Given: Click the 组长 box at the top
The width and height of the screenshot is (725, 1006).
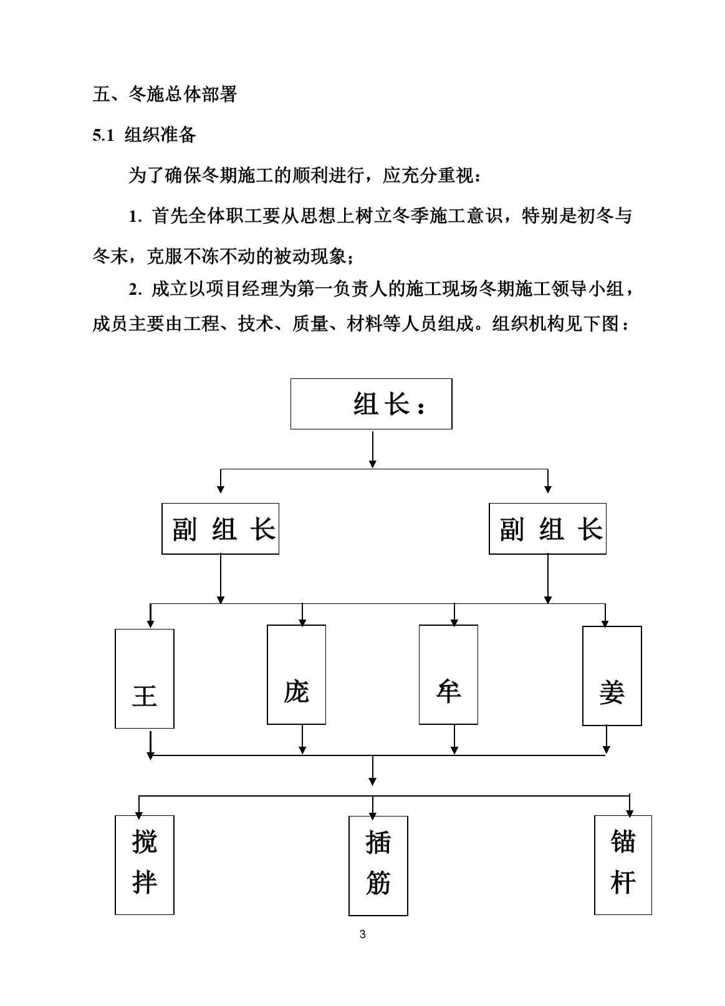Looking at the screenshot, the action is pyautogui.click(x=371, y=403).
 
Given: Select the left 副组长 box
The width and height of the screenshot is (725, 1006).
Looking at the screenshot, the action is pyautogui.click(x=220, y=529).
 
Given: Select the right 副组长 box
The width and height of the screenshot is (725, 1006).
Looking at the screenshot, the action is pyautogui.click(x=547, y=529).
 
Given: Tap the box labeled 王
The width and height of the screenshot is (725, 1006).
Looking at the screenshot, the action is pyautogui.click(x=144, y=678).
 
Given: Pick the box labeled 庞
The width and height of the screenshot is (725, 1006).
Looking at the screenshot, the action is pyautogui.click(x=296, y=674).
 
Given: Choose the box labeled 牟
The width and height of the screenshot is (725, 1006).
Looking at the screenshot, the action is pyautogui.click(x=448, y=674).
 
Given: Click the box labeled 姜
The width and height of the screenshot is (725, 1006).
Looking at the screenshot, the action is pyautogui.click(x=612, y=676).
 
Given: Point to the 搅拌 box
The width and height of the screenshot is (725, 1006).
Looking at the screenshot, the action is pyautogui.click(x=144, y=865).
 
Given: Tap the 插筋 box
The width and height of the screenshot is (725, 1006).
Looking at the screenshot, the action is pyautogui.click(x=378, y=866).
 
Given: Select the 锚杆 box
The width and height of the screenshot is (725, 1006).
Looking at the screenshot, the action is pyautogui.click(x=623, y=865).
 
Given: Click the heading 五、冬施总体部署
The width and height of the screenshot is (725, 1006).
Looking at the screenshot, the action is pyautogui.click(x=165, y=94).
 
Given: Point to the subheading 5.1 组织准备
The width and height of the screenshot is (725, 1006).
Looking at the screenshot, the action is pyautogui.click(x=144, y=135).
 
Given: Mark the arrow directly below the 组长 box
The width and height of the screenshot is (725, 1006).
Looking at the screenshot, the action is pyautogui.click(x=372, y=449).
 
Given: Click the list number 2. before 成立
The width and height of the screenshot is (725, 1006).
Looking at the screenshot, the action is pyautogui.click(x=135, y=290).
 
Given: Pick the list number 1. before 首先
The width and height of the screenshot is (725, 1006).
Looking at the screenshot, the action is pyautogui.click(x=135, y=217).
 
